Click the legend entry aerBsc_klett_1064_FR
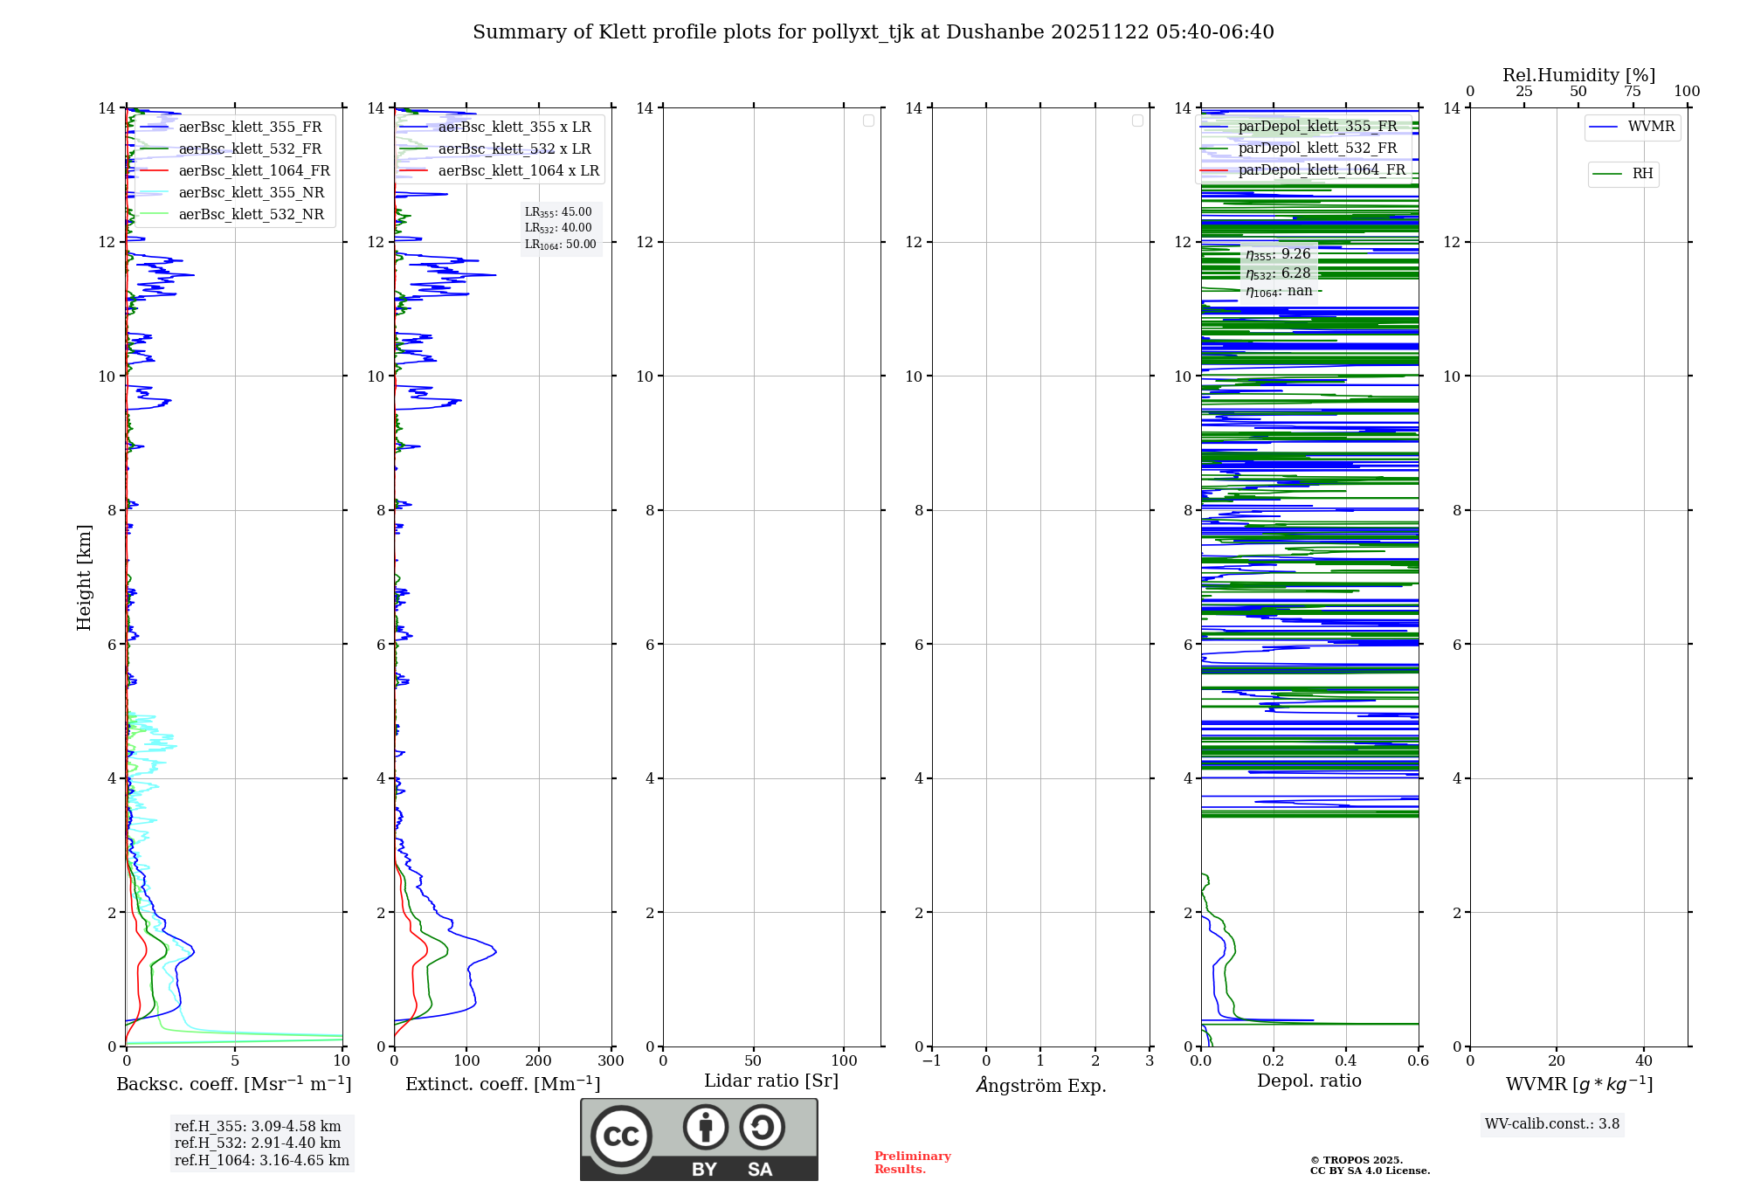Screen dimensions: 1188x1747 (x=254, y=171)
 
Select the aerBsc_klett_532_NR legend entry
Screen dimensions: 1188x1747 (x=251, y=215)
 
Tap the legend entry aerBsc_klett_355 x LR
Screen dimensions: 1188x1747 (x=514, y=128)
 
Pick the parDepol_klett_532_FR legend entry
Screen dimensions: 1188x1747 (x=1317, y=148)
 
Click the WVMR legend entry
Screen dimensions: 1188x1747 (x=1651, y=127)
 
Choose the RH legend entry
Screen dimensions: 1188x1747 (x=1642, y=174)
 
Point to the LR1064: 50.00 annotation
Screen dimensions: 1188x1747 (x=560, y=245)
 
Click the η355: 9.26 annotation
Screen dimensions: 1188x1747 (x=1278, y=254)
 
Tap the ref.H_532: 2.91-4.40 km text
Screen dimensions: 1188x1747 (x=258, y=1143)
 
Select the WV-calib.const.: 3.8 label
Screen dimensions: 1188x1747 (x=1552, y=1124)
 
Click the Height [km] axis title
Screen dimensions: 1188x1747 (x=84, y=577)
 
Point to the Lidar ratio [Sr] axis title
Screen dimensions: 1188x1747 (x=771, y=1081)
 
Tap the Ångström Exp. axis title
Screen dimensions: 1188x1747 (x=1041, y=1086)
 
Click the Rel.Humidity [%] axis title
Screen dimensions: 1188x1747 (x=1578, y=75)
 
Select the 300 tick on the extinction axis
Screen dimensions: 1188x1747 (x=611, y=1061)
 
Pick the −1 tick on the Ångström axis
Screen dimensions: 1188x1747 (x=932, y=1061)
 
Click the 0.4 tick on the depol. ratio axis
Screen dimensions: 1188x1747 (x=1346, y=1061)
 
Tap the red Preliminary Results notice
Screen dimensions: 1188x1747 (x=913, y=1163)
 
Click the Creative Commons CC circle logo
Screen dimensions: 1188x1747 (x=621, y=1136)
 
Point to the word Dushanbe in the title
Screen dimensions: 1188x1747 (x=995, y=32)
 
